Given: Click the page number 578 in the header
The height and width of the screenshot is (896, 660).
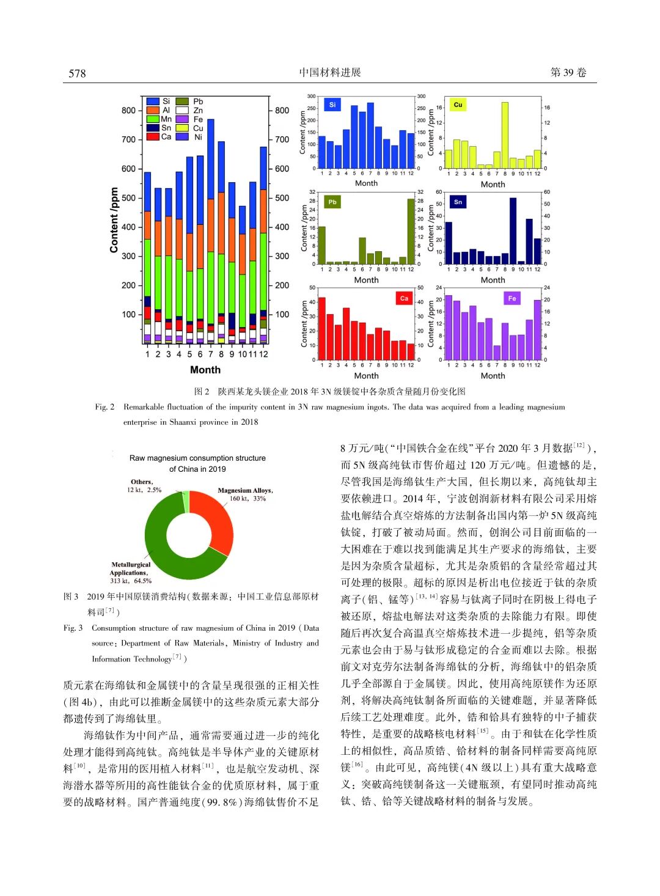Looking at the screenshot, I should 77,73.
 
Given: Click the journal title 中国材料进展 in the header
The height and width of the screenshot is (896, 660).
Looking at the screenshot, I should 330,73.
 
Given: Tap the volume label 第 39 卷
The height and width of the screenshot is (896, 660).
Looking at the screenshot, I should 568,73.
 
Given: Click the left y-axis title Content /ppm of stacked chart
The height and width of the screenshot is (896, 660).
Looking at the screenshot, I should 114,220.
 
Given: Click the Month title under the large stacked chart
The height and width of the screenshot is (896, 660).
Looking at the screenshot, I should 205,370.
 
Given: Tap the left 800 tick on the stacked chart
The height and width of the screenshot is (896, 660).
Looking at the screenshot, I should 128,111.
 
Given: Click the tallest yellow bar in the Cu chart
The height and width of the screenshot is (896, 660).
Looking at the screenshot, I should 505,135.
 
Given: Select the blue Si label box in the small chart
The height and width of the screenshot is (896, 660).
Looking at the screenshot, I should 332,105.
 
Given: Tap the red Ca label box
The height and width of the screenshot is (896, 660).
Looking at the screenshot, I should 404,298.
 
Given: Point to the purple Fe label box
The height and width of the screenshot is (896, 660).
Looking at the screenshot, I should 512,298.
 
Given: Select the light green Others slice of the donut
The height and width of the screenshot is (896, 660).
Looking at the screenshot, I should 186,502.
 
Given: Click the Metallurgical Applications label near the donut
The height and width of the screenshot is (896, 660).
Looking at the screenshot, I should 130,568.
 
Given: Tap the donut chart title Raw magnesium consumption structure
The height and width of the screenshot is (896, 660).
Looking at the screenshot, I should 197,458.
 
